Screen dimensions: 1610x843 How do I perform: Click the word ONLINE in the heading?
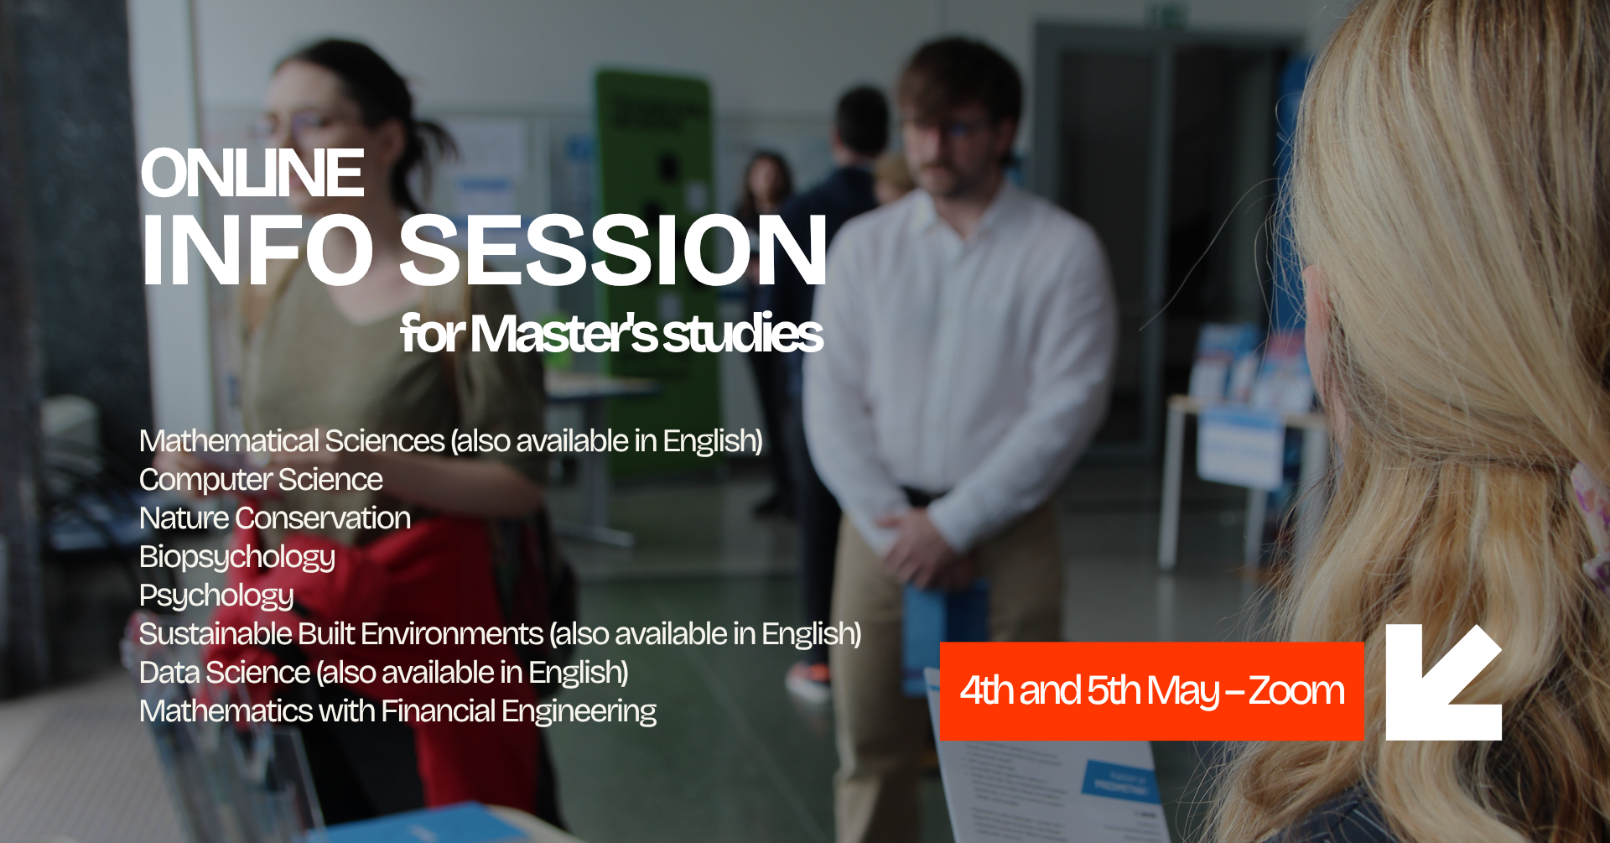click(252, 174)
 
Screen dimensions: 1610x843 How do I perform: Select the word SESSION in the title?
click(614, 250)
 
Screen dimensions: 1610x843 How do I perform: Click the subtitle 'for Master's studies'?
click(612, 334)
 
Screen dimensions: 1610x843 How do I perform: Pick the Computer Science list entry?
click(261, 480)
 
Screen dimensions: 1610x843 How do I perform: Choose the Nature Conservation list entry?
click(275, 518)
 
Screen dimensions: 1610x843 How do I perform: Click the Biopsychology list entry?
click(237, 558)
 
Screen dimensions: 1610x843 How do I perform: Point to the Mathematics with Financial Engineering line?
click(397, 712)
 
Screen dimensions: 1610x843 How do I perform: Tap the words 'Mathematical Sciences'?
click(292, 441)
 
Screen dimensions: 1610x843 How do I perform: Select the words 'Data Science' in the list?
click(225, 673)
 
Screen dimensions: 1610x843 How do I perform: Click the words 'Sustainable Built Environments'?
click(341, 634)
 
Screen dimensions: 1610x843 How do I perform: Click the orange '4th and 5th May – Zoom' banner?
click(1152, 691)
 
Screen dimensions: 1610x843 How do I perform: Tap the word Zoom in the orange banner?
click(1296, 690)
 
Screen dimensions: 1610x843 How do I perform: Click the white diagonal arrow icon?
click(1443, 682)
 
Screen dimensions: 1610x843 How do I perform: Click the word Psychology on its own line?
click(216, 596)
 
